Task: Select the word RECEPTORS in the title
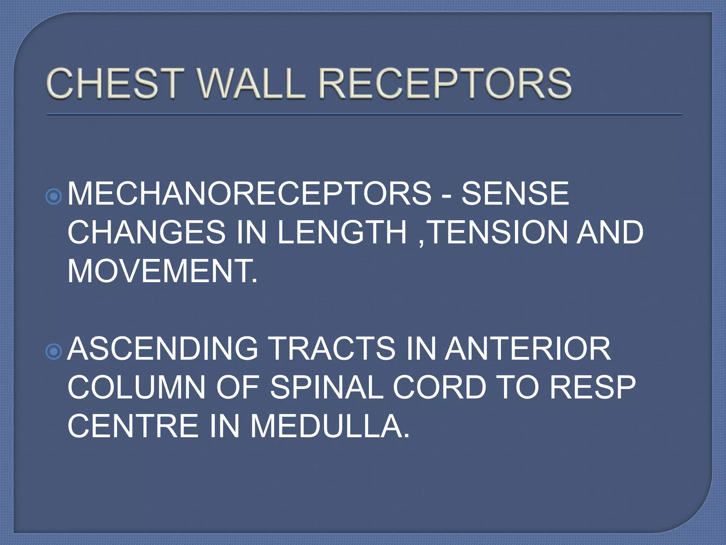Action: (443, 84)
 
